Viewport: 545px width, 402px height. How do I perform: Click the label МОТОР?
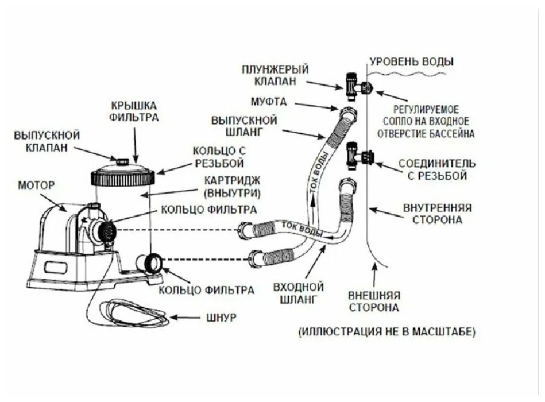pos(36,185)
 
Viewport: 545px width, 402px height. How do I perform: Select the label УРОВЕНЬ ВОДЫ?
pos(411,61)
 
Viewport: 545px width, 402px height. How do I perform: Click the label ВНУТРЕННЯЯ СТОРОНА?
pos(438,214)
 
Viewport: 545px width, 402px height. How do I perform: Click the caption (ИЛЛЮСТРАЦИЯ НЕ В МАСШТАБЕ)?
pos(386,331)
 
